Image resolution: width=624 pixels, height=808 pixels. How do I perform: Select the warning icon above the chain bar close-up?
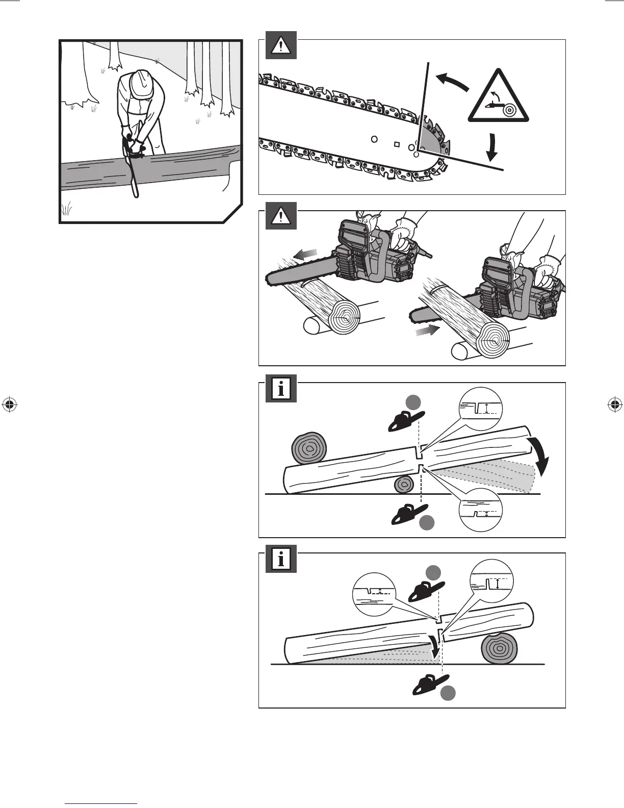point(278,46)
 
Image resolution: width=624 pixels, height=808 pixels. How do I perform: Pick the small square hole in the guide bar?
point(397,143)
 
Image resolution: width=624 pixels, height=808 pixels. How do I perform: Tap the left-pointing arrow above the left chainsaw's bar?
point(306,254)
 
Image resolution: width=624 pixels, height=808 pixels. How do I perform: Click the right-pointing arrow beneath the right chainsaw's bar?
point(426,331)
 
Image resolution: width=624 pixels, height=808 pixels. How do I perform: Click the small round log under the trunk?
point(404,484)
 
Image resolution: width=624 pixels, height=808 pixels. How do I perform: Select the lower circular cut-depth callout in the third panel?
point(480,511)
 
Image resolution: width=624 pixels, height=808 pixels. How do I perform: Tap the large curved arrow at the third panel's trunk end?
point(541,454)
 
